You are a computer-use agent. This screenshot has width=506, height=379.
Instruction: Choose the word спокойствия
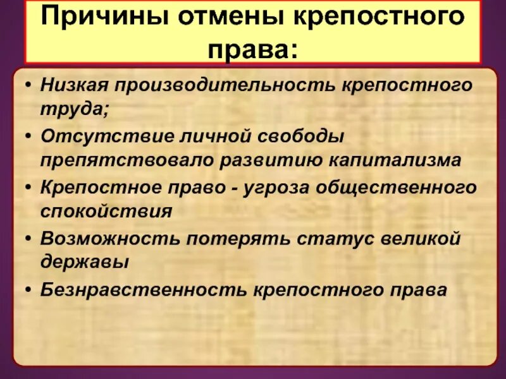[x=106, y=211]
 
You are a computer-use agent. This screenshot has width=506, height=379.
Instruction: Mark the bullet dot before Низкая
[x=28, y=85]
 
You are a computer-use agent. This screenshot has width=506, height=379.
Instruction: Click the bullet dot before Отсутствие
[x=28, y=136]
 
